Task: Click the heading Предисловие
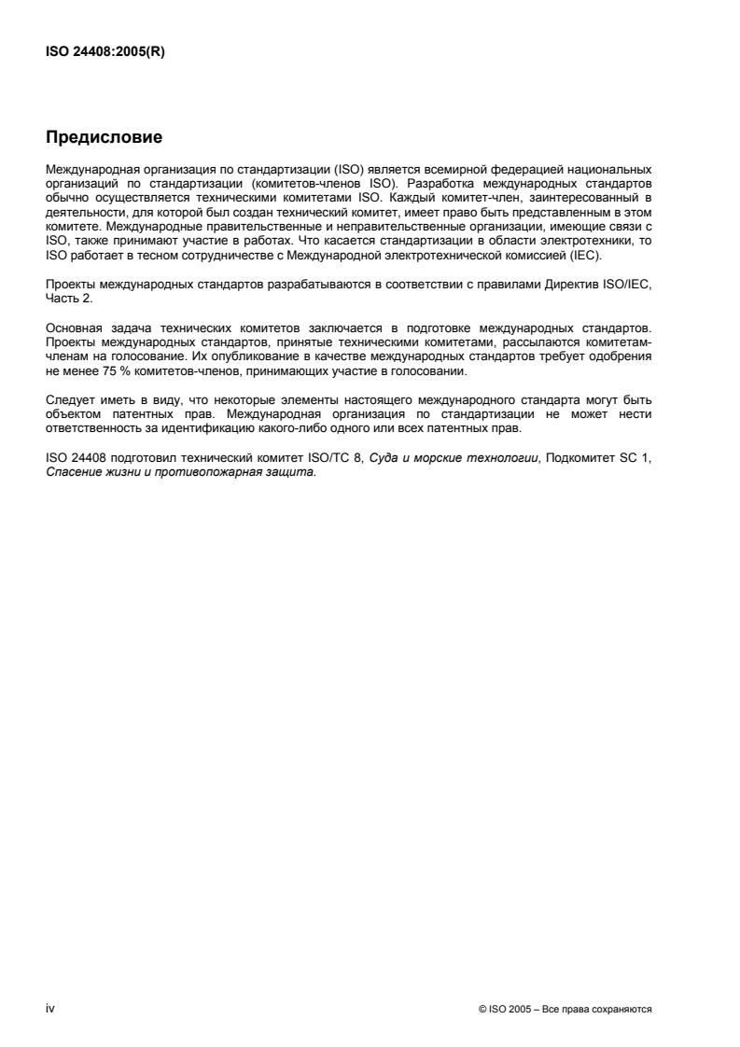point(104,138)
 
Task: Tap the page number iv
point(49,1009)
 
